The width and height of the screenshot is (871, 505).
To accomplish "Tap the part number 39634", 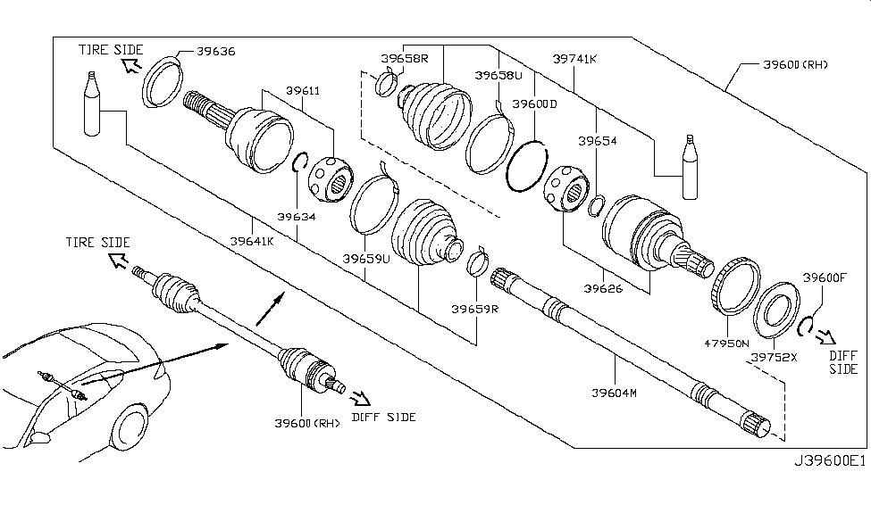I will coord(297,216).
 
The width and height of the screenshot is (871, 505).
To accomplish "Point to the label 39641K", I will coord(252,241).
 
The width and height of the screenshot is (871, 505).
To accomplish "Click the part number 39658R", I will coord(405,60).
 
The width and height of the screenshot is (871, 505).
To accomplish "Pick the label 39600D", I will coord(534,103).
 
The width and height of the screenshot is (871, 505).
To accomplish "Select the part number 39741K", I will coord(575,58).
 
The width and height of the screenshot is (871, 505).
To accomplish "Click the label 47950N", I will coord(724,342).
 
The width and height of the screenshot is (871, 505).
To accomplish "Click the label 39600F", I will coord(824,277).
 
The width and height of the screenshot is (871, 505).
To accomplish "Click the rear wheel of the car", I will coord(131,429).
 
